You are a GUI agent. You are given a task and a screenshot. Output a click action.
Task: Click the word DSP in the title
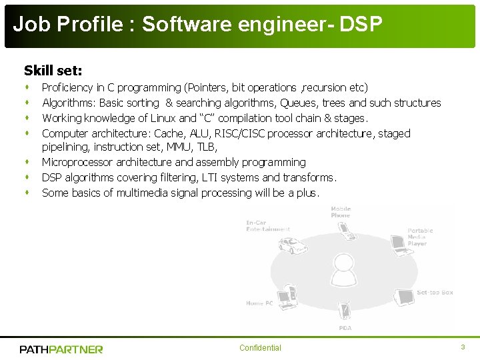pyautogui.click(x=361, y=25)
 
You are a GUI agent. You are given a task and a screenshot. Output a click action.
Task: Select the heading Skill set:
pyautogui.click(x=53, y=70)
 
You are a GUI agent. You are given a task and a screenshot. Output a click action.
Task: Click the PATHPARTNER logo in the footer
pyautogui.click(x=61, y=349)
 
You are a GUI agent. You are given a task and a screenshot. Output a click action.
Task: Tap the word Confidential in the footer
pyautogui.click(x=260, y=348)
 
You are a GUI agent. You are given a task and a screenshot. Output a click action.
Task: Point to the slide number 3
pyautogui.click(x=463, y=347)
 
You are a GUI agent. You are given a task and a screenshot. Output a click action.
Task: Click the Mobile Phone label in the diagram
pyautogui.click(x=341, y=212)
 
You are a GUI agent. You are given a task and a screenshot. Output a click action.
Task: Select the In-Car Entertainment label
pyautogui.click(x=268, y=226)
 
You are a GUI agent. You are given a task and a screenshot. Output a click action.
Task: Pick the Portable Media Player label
pyautogui.click(x=421, y=237)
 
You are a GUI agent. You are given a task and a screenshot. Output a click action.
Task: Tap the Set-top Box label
pyautogui.click(x=435, y=293)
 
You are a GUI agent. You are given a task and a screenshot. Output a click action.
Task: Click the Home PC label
pyautogui.click(x=259, y=303)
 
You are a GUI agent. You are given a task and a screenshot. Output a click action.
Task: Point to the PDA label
pyautogui.click(x=345, y=327)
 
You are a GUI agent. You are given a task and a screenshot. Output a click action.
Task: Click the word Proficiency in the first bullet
pyautogui.click(x=67, y=87)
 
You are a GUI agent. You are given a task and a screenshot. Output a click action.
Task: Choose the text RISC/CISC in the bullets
pyautogui.click(x=247, y=133)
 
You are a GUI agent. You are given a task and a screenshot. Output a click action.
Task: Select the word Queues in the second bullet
pyautogui.click(x=299, y=103)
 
